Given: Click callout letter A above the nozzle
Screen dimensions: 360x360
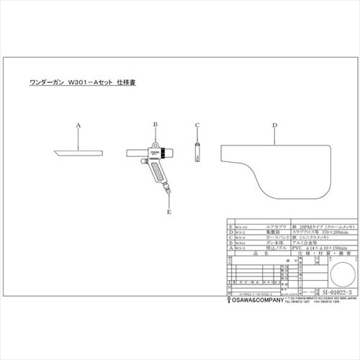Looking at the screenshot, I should point(78,124).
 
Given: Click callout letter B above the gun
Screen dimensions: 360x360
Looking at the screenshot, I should point(154,125).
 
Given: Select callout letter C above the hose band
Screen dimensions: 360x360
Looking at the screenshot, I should point(197,124).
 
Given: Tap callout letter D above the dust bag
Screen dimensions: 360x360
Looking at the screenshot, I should point(274,125).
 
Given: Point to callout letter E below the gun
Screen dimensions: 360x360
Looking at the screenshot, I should point(168,212).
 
